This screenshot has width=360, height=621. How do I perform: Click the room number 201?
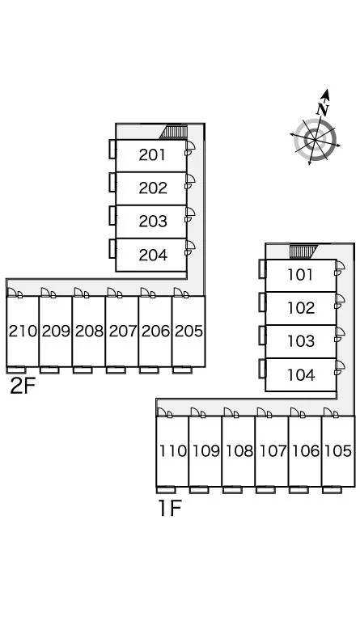152,155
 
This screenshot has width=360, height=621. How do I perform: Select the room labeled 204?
153,256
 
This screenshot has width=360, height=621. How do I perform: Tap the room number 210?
23,331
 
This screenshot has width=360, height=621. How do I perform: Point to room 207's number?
123,331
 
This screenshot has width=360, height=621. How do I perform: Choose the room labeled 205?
189,331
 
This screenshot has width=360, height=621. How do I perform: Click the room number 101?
301,275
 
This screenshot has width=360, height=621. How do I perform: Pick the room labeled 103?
302,341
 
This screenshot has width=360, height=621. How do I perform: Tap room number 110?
172,450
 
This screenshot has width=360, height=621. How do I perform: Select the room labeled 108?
239,450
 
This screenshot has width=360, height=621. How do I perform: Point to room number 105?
338,450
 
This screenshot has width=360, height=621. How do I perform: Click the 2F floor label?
23,387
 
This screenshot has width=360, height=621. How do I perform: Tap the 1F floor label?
170,508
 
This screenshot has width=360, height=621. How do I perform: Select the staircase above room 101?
303,252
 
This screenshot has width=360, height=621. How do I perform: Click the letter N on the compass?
323,109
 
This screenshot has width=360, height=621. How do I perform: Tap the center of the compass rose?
315,139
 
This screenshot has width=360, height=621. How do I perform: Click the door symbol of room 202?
189,181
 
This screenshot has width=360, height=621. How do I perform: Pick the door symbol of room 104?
339,368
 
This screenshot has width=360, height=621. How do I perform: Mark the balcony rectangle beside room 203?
112,216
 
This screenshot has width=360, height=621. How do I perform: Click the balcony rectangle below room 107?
265,490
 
